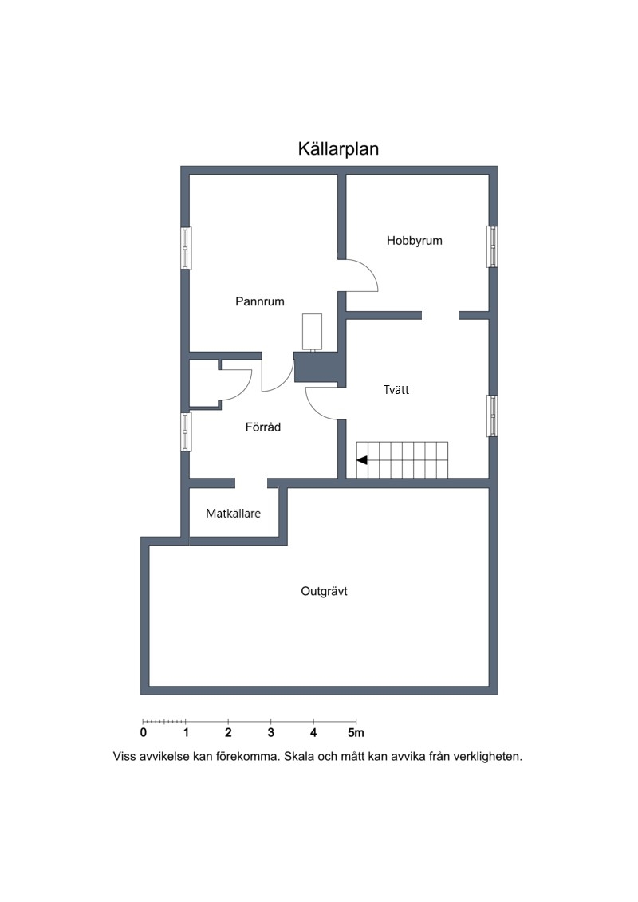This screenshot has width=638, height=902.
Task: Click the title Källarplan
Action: (338, 149)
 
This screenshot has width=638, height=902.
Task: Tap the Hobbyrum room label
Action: (414, 241)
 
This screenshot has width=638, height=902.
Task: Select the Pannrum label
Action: (259, 301)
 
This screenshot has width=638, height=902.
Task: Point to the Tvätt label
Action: (396, 390)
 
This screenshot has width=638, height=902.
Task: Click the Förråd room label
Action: (263, 427)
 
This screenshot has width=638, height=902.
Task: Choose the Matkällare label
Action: (233, 513)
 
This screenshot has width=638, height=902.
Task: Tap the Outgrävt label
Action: (324, 591)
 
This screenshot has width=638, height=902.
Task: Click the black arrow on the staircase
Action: (362, 460)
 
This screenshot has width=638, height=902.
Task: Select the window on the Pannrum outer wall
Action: (186, 248)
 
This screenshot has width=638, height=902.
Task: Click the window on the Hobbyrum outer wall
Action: (492, 246)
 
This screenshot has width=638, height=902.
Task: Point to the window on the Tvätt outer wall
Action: (492, 416)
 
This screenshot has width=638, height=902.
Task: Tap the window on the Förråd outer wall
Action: (186, 432)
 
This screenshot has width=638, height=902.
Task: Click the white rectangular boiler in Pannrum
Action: (312, 332)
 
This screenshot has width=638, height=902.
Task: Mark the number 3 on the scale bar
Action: (271, 733)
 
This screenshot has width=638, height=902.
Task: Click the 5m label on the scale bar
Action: (356, 733)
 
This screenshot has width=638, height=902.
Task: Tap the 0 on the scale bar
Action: (144, 733)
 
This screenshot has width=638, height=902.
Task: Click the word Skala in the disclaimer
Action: (298, 757)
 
